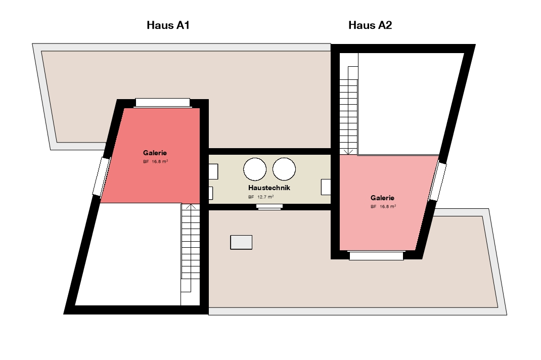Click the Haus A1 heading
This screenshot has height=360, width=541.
point(168,25)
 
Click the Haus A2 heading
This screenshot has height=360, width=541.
point(370,25)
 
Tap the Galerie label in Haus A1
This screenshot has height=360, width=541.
point(155,153)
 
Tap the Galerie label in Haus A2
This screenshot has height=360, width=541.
point(382,198)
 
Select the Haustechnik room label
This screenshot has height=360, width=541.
point(269,188)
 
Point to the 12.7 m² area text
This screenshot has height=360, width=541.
point(265,197)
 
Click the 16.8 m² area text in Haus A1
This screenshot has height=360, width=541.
point(160,161)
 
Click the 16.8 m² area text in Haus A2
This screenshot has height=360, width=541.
point(388,206)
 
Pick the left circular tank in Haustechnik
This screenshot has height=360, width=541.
point(255,169)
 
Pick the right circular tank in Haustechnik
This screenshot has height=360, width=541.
point(284,169)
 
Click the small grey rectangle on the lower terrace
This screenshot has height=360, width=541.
point(241,242)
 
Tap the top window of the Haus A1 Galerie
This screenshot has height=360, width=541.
point(162,103)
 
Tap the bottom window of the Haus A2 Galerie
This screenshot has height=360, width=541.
point(376,255)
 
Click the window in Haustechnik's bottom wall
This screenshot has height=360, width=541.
point(269,206)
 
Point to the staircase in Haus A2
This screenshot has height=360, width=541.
point(349,104)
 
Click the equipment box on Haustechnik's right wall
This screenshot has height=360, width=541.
point(326,187)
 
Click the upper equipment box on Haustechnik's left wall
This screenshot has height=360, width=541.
point(213,171)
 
